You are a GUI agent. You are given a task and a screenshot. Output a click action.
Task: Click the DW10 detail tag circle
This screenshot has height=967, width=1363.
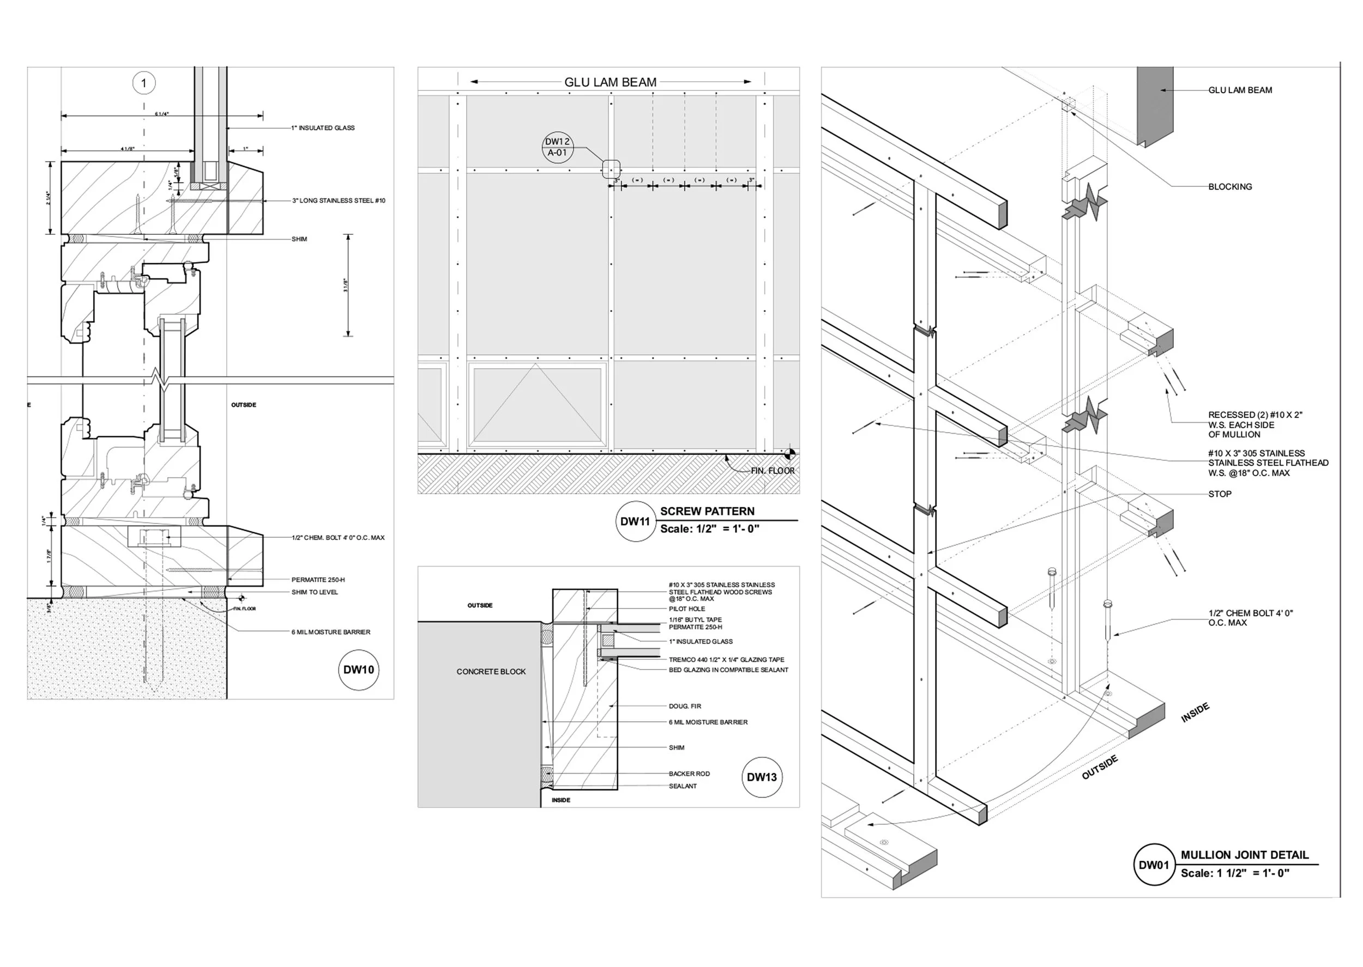pos(359,670)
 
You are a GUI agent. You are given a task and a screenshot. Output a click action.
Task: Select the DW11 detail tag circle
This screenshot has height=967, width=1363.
pos(635,521)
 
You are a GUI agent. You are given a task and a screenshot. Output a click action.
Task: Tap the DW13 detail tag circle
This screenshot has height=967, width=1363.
pos(762,777)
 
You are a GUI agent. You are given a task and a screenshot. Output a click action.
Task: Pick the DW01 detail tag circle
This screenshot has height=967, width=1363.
pos(1154,865)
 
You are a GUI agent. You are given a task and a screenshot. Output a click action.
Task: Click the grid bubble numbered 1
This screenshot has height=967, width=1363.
pos(143,83)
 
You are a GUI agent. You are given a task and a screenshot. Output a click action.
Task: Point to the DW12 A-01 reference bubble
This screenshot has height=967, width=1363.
pos(558,147)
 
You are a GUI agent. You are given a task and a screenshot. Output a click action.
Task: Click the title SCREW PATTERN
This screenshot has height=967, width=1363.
pos(707,512)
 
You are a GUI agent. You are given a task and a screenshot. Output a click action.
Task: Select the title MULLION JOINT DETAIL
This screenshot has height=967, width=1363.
pos(1245,855)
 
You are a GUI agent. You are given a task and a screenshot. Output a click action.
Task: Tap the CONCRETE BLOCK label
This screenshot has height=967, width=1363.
pos(491,672)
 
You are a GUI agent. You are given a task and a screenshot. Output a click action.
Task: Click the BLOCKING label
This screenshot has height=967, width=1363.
pos(1229,187)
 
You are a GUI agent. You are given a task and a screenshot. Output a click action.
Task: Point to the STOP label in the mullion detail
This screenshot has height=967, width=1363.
pos(1220,494)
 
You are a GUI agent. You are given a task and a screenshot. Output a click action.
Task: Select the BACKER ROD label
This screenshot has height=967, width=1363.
pos(689,774)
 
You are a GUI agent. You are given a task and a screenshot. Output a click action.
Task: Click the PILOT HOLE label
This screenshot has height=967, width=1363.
pos(687,609)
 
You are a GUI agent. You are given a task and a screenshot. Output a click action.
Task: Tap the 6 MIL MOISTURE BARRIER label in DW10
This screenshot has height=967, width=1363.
pos(330,632)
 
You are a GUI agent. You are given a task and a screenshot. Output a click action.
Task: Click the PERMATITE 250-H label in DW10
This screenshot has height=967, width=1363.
pos(318,580)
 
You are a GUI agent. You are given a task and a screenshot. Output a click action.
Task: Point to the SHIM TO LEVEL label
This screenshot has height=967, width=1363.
pos(315,593)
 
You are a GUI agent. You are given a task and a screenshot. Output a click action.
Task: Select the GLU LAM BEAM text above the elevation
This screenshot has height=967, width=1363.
pos(610,83)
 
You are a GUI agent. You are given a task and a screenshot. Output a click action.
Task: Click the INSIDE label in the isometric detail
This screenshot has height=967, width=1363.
pos(1195,713)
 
